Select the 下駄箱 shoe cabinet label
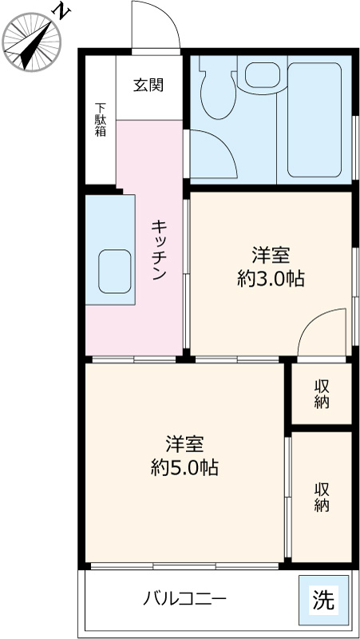pos(101,120)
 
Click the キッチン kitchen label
pos(158,249)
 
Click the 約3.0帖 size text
pos(271,279)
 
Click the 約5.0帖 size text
pos(185,467)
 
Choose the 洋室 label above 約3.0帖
pos(271,256)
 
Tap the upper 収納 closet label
pos(322,393)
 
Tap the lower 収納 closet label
pos(322,496)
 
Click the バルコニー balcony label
pos(185,597)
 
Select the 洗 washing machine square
pos(323,599)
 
